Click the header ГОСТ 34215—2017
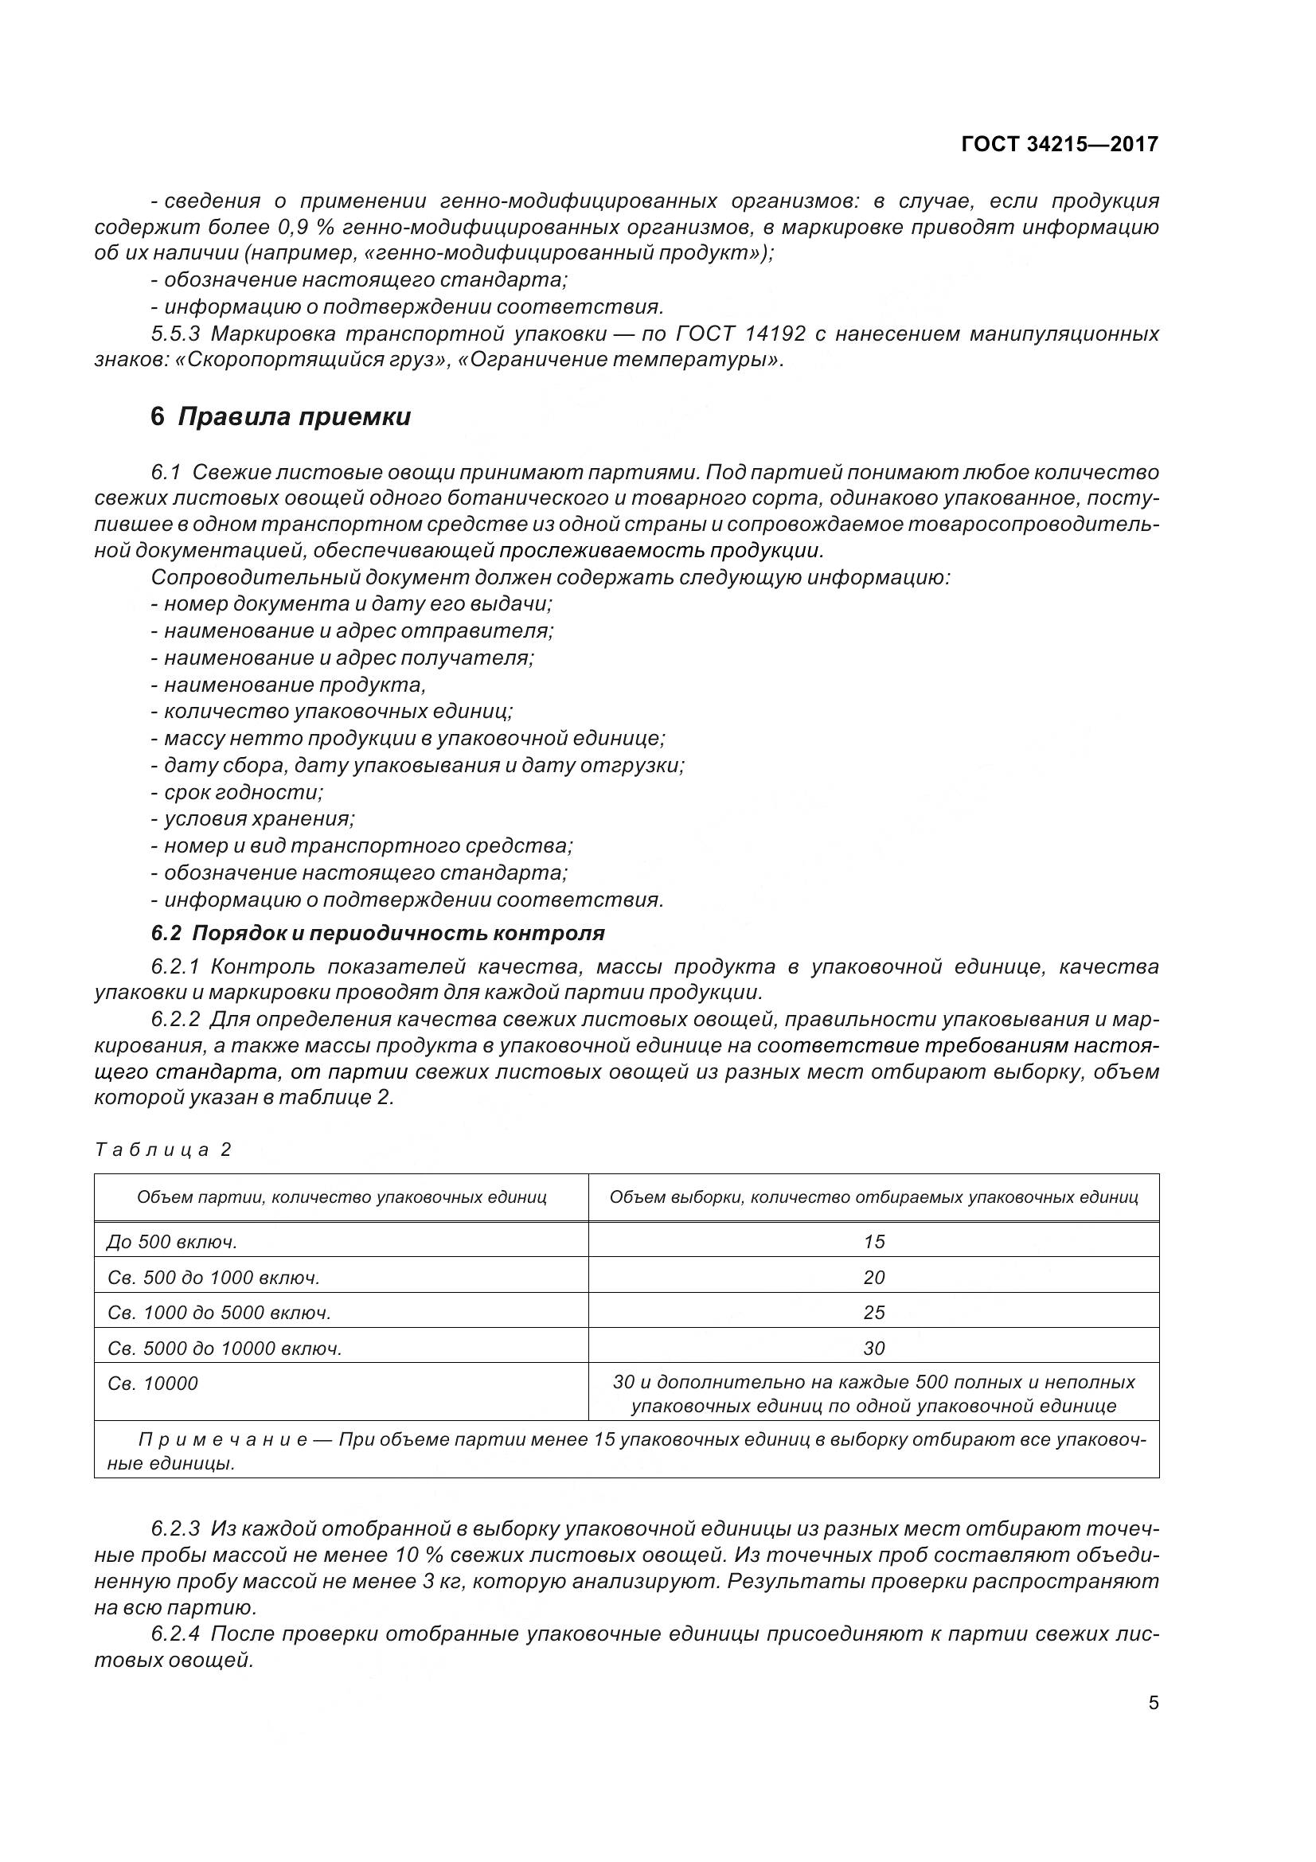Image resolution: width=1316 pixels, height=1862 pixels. point(1059,144)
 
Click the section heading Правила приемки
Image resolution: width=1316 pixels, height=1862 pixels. point(294,417)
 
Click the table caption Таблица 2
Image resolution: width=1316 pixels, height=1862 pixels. point(163,1150)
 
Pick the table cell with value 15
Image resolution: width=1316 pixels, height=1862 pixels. point(873,1242)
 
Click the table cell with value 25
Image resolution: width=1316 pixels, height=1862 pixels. point(873,1312)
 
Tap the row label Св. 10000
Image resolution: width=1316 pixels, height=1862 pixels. point(152,1384)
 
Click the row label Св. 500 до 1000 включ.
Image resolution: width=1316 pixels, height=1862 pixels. point(213,1277)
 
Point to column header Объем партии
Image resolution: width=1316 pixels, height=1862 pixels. point(342,1197)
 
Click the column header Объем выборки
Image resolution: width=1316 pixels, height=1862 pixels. point(873,1197)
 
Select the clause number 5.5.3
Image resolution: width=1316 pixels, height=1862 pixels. point(176,334)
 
